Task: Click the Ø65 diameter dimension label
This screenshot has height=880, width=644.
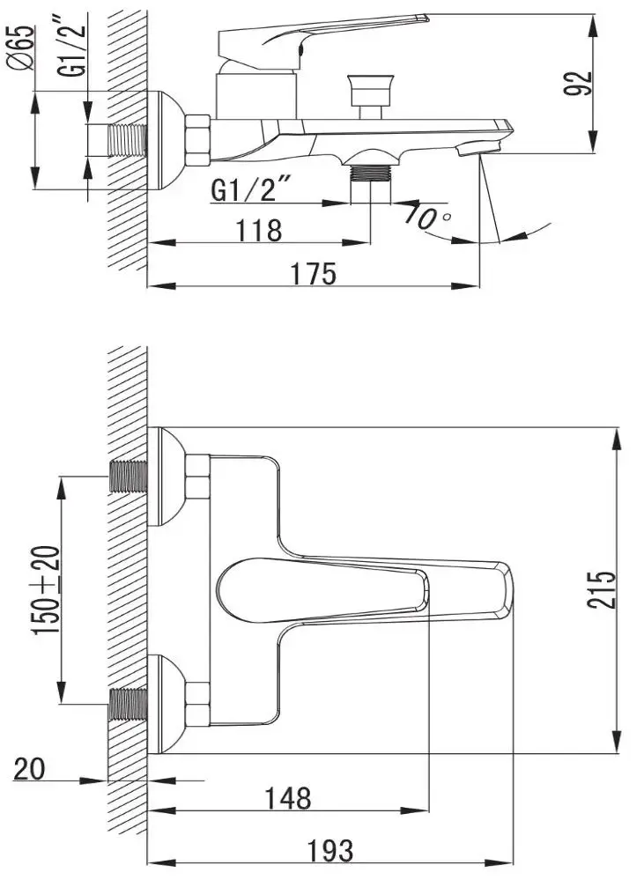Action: tap(20, 48)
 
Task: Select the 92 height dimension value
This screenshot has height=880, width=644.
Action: tap(578, 84)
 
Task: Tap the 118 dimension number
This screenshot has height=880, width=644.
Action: tap(258, 230)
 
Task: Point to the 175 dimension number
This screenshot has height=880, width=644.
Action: tap(314, 274)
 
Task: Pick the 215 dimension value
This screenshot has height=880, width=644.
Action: tap(602, 590)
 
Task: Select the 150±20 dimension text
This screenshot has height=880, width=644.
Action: tap(47, 590)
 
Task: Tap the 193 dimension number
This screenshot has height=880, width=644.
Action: tap(330, 850)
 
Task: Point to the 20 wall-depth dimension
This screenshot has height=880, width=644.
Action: tap(29, 768)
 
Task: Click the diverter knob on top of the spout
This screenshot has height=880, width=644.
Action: tap(369, 95)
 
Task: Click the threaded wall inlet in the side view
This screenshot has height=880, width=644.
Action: tap(126, 140)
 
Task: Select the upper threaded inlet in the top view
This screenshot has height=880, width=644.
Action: tap(128, 477)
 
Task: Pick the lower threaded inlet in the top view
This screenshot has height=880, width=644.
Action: tap(128, 704)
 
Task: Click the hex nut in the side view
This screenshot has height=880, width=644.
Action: tap(197, 140)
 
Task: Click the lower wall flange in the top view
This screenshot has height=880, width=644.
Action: tap(167, 704)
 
